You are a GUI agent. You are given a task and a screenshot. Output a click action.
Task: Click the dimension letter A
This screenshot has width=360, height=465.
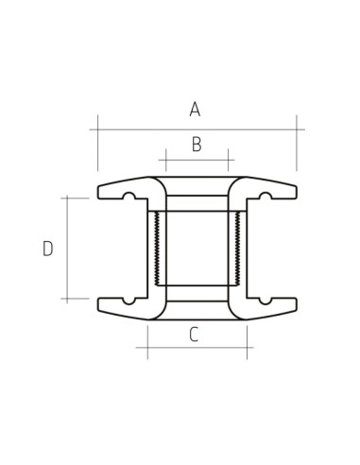pos(195,110)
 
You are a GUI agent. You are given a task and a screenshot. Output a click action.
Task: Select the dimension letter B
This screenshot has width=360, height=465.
pos(197,145)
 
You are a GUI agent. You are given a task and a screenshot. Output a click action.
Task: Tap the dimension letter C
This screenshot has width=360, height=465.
pos(193,334)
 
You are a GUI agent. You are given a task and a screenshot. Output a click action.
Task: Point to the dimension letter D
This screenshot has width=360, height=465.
pos(47,249)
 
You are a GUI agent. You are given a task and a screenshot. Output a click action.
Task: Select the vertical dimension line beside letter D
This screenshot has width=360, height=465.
pos(67,248)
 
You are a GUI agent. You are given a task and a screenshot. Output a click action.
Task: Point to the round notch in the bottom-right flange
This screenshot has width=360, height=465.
pos(266,301)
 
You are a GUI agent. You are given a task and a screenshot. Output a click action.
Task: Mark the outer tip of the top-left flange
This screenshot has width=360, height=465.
pos(100,191)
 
